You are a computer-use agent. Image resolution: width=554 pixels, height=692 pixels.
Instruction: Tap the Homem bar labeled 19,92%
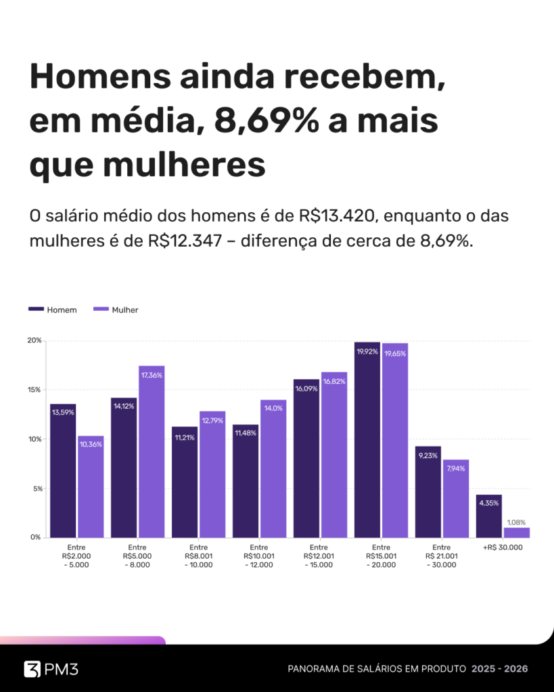pyautogui.click(x=367, y=439)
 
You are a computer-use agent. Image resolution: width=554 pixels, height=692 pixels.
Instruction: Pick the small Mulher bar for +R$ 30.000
pyautogui.click(x=517, y=533)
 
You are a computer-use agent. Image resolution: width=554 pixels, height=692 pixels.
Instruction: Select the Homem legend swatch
pyautogui.click(x=37, y=310)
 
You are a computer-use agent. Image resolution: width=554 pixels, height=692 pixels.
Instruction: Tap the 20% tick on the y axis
pyautogui.click(x=34, y=341)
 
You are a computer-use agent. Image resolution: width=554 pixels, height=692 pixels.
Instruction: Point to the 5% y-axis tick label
pyautogui.click(x=36, y=489)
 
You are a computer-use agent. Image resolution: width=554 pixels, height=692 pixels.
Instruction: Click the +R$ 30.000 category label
pyautogui.click(x=503, y=547)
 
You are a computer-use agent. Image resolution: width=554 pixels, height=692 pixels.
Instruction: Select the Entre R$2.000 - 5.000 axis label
pyautogui.click(x=76, y=556)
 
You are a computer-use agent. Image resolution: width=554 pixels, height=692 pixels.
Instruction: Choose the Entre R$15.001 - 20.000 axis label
pyautogui.click(x=381, y=556)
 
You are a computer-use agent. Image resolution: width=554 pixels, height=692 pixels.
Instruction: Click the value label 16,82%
pyautogui.click(x=334, y=381)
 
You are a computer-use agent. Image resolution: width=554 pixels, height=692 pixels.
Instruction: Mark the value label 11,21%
pyautogui.click(x=185, y=438)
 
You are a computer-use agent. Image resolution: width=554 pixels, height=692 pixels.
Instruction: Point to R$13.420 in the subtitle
pyautogui.click(x=335, y=217)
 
